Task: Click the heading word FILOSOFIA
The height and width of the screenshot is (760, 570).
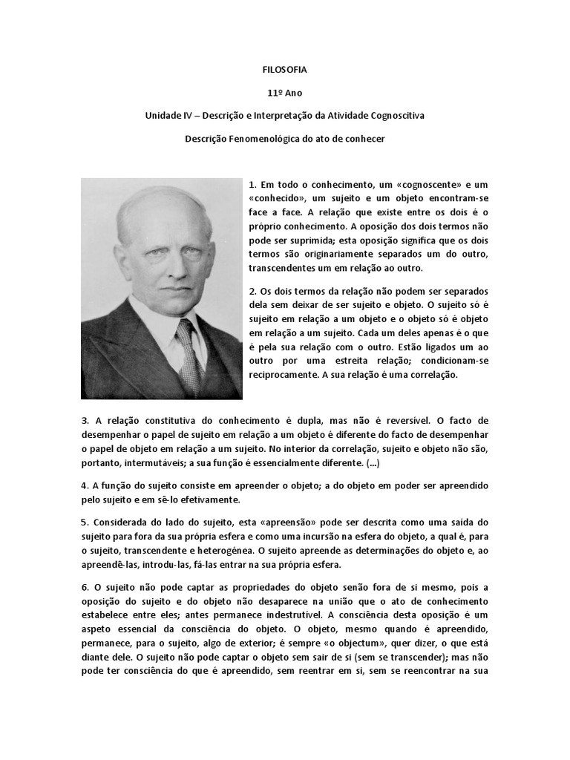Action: coord(284,70)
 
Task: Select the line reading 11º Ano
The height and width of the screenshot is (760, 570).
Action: coord(284,93)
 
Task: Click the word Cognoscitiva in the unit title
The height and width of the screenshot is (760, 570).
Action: coord(394,116)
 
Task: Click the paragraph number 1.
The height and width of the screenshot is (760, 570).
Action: coord(252,184)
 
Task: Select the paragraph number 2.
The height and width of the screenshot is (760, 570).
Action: coord(252,290)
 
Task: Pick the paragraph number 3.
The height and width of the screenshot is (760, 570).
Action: coord(85,421)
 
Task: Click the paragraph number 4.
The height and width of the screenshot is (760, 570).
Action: coord(85,485)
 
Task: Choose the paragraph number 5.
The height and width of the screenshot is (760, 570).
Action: coord(85,522)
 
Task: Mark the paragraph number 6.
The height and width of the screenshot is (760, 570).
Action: coord(85,587)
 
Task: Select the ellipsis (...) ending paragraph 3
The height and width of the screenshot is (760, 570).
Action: coord(374,463)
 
